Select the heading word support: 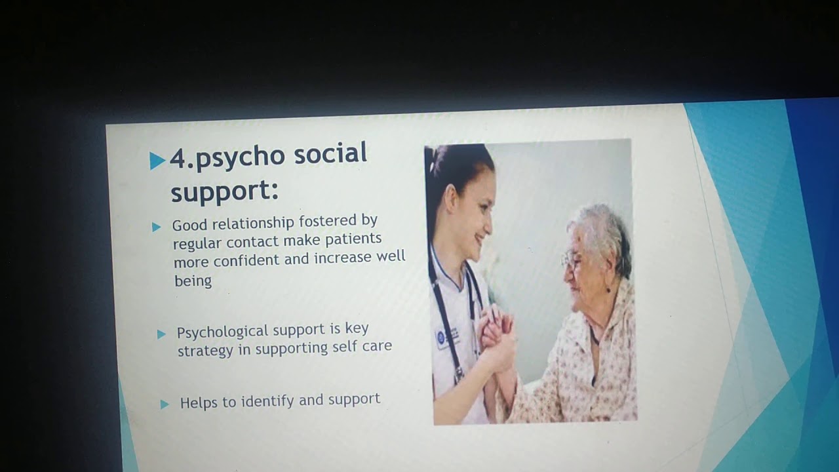point(224,191)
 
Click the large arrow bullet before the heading point(157,161)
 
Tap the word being point(193,281)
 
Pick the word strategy point(205,350)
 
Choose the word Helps point(199,403)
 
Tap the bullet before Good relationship point(157,227)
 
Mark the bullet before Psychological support point(161,334)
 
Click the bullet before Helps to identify point(165,404)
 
